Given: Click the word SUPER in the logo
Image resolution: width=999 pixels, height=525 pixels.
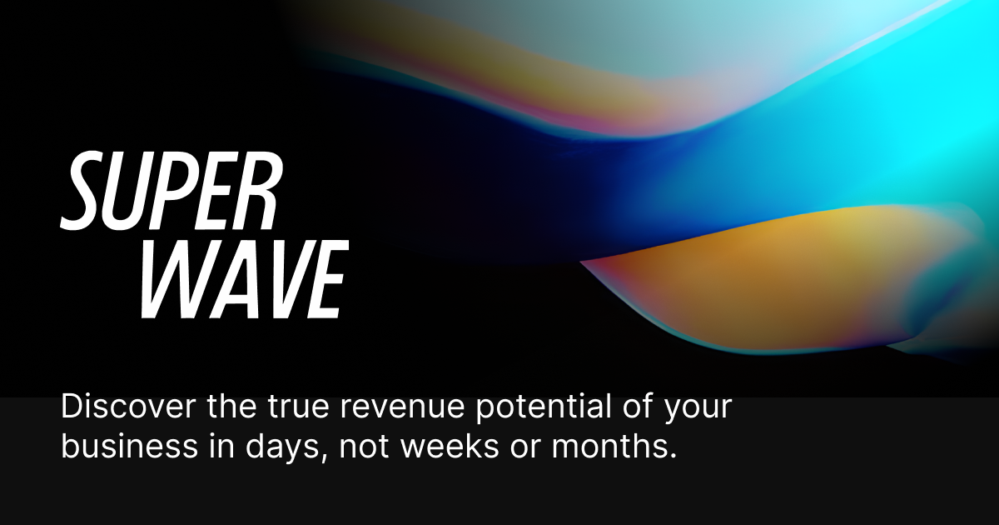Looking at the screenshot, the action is [x=171, y=191].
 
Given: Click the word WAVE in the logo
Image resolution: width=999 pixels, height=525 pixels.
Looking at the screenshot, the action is [x=245, y=279].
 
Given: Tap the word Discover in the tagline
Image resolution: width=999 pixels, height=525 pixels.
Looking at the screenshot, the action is [x=128, y=407].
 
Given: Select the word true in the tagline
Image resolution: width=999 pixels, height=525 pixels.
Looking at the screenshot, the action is [x=298, y=407].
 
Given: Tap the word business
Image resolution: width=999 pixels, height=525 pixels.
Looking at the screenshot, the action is [x=129, y=446].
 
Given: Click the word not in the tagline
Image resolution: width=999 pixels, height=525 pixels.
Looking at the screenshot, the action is [x=364, y=447].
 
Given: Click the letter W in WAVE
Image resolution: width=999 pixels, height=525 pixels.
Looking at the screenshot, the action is [x=174, y=279].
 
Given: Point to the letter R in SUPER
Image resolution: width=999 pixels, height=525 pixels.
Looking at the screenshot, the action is [x=258, y=191].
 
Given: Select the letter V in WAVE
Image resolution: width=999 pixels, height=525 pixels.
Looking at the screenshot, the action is [x=280, y=279].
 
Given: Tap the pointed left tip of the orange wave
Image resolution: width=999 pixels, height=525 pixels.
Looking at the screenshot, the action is [x=581, y=262].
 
